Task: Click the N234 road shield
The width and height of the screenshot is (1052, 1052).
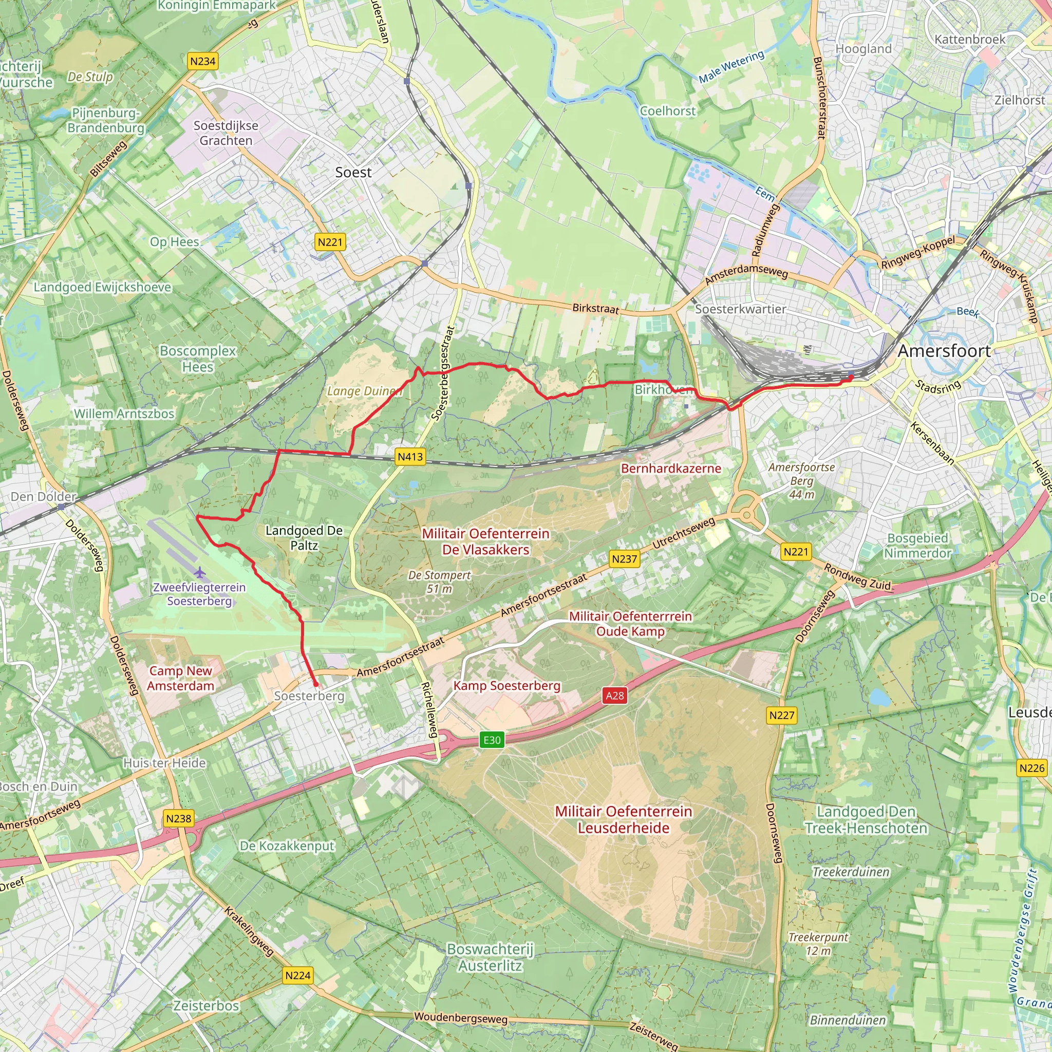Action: click(x=202, y=61)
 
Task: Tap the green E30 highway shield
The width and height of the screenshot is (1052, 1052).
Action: click(x=492, y=740)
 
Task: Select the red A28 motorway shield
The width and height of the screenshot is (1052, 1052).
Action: click(x=615, y=696)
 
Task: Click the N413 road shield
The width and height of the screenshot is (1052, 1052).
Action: click(x=410, y=457)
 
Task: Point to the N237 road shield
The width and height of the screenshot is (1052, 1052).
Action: click(x=624, y=559)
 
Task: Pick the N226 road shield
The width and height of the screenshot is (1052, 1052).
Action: click(x=1031, y=768)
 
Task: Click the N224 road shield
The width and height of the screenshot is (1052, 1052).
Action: click(x=298, y=975)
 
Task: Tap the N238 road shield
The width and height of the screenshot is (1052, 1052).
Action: click(x=179, y=818)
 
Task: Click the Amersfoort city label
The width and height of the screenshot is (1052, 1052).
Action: click(x=944, y=351)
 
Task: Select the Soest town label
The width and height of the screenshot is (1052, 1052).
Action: click(x=353, y=173)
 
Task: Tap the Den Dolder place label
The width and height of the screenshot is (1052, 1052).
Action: click(x=44, y=497)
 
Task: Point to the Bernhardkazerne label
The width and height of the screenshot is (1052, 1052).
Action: click(x=671, y=469)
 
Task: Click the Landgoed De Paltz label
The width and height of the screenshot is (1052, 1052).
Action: click(x=304, y=538)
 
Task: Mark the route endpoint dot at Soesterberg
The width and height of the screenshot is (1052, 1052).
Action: click(x=316, y=684)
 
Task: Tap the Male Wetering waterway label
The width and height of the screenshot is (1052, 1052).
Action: click(x=731, y=67)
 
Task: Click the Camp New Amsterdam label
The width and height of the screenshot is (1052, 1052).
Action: click(x=181, y=679)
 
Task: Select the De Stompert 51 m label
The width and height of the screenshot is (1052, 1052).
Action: click(x=439, y=582)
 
